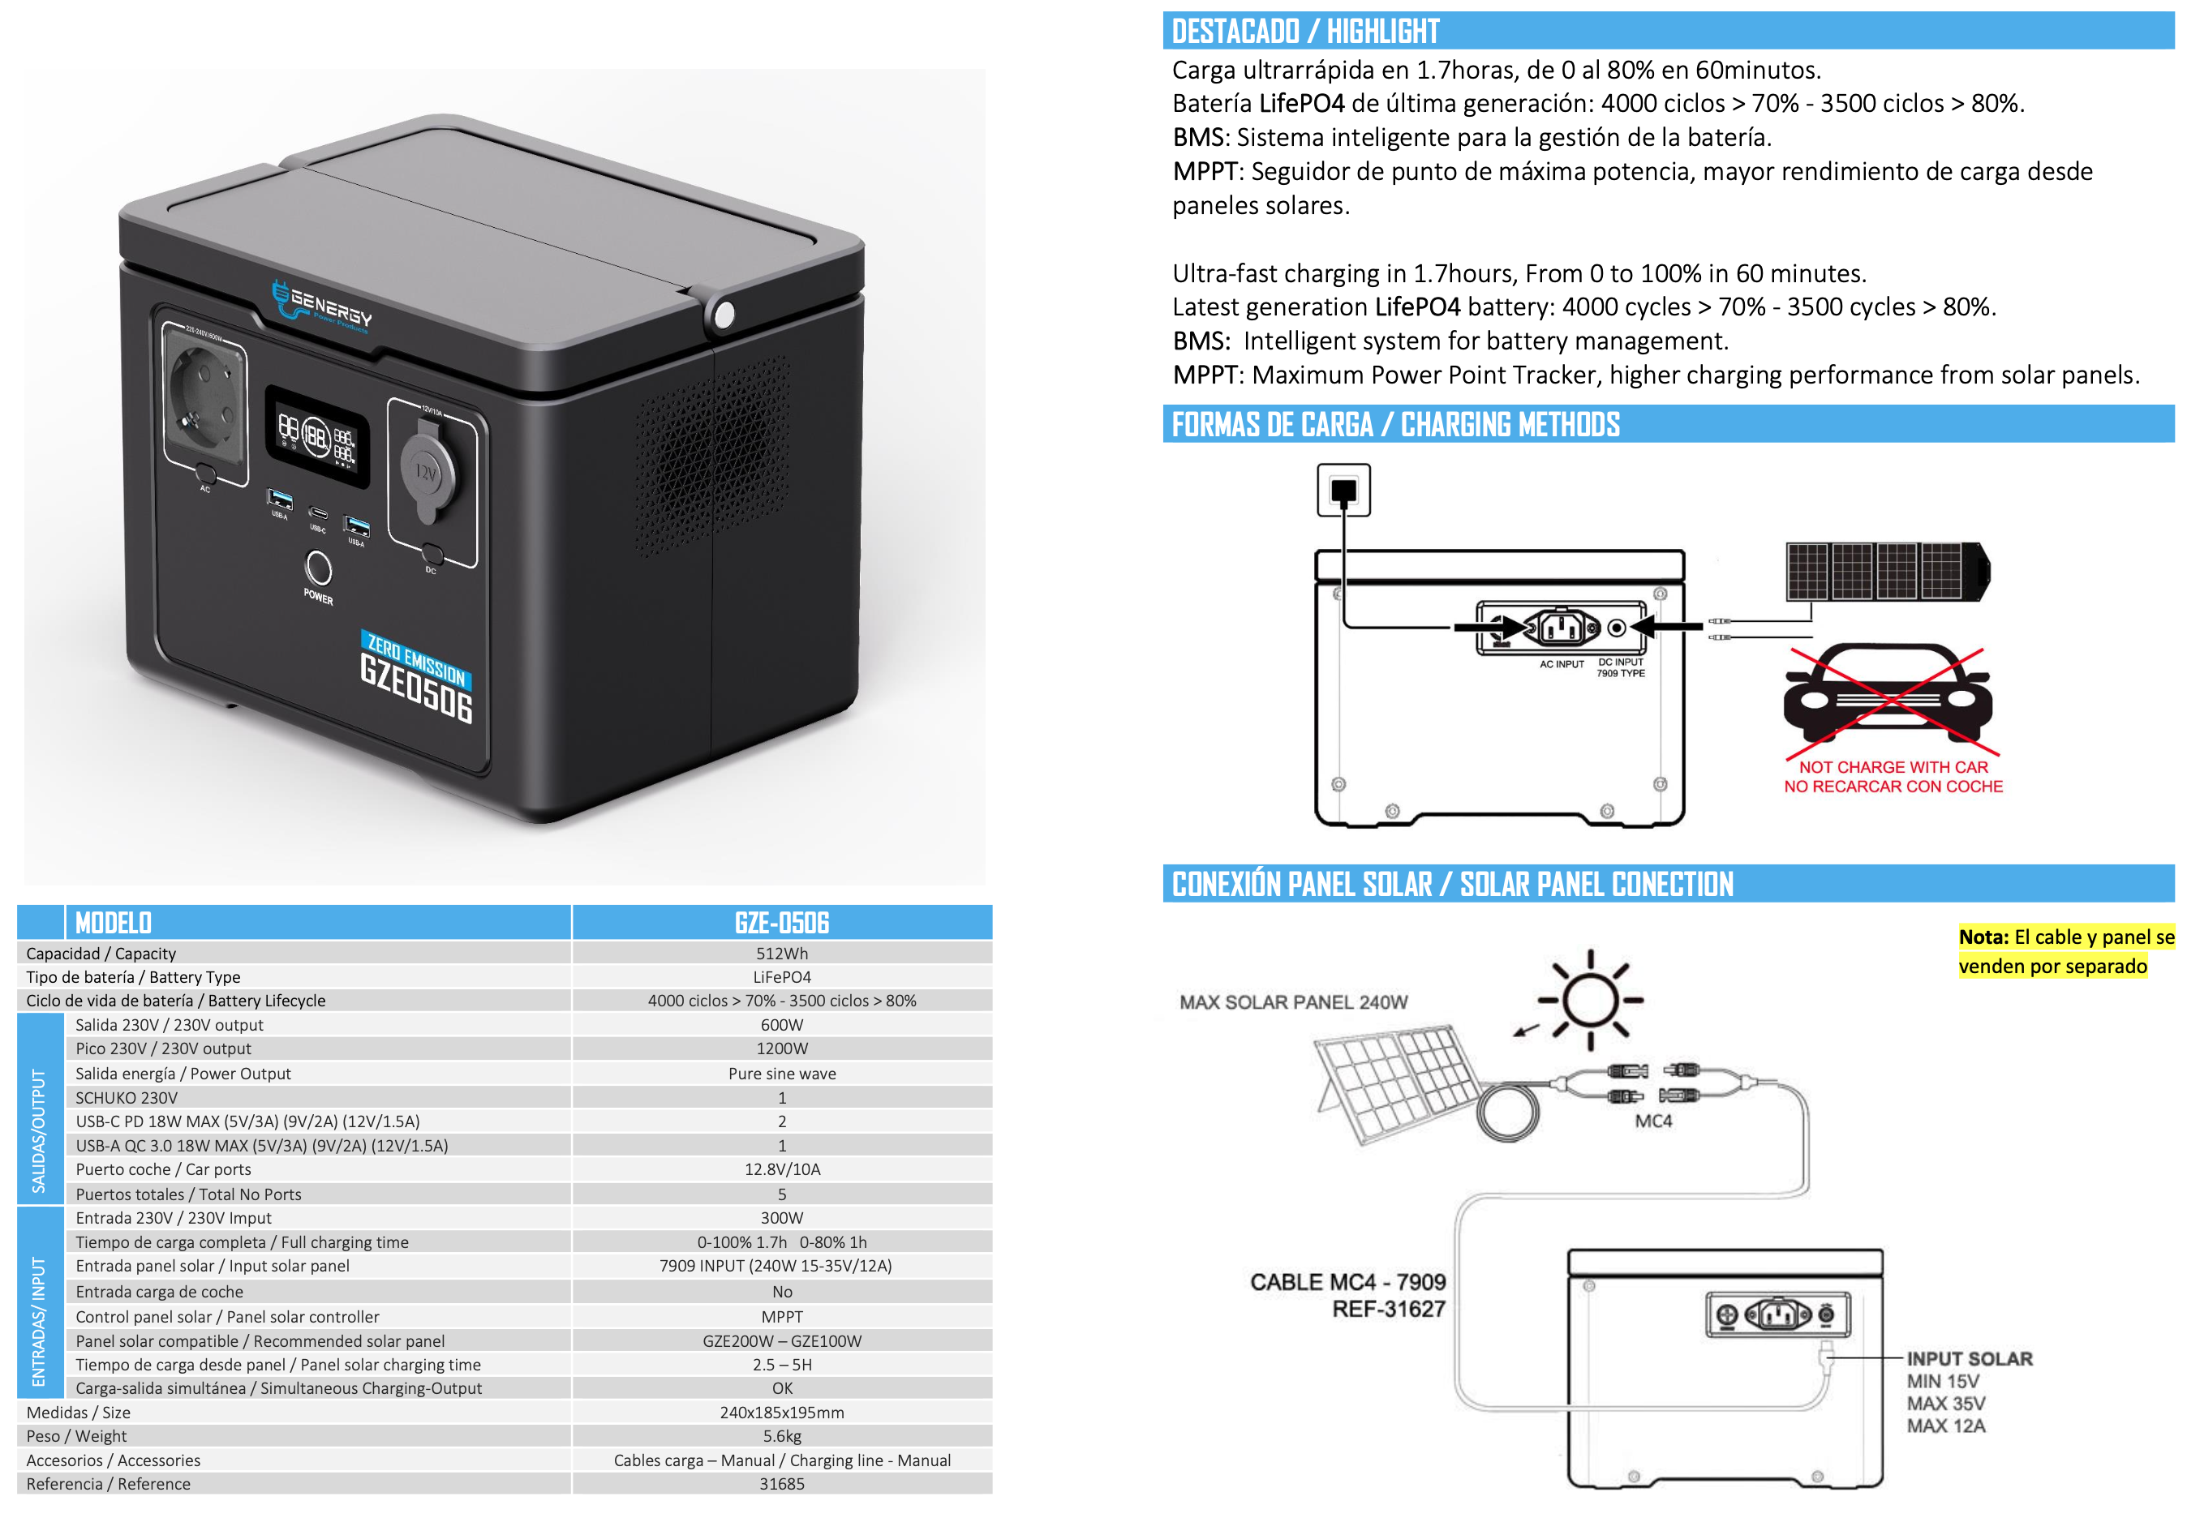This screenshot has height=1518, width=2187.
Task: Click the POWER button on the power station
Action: tap(318, 568)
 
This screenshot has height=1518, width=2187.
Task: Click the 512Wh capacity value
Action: tap(781, 953)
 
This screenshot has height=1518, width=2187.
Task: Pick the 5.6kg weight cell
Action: tap(781, 1435)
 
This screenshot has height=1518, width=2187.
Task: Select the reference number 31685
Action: tap(781, 1483)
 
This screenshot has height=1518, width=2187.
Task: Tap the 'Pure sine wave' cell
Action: tap(781, 1073)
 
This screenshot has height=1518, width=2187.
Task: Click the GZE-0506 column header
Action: tap(781, 923)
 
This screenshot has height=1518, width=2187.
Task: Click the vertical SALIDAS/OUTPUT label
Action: tap(39, 1130)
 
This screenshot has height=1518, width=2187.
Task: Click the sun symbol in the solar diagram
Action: tap(1590, 1000)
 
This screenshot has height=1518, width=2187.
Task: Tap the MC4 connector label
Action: tap(1652, 1121)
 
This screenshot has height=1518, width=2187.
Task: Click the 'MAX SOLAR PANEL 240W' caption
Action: tap(1293, 1001)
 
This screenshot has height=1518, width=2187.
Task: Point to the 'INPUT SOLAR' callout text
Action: tap(1968, 1358)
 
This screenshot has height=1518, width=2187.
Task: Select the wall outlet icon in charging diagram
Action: tap(1343, 490)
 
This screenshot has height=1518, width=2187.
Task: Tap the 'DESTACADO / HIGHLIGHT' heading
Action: tap(1304, 32)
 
